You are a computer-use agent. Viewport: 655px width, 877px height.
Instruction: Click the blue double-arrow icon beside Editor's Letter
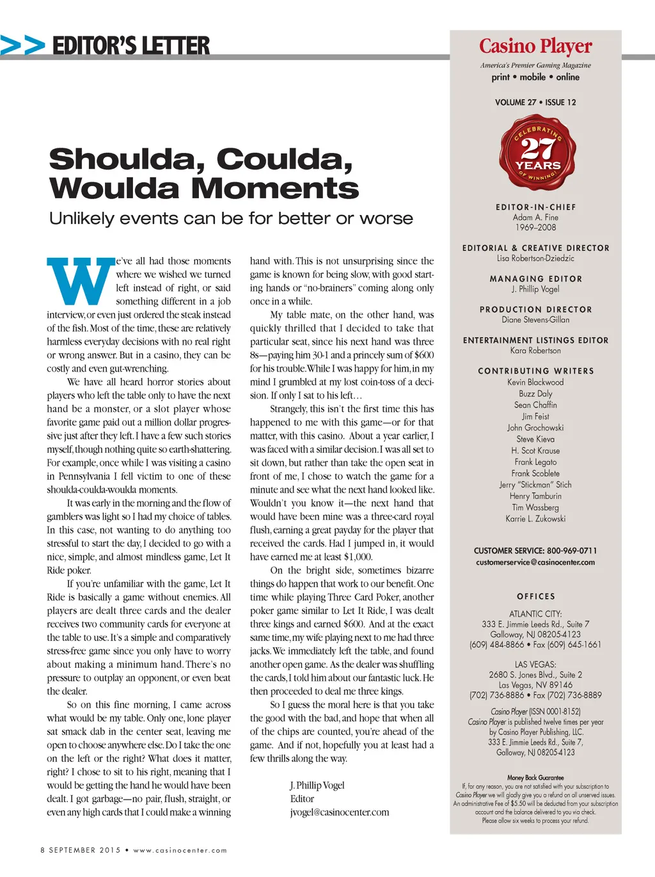[x=23, y=45]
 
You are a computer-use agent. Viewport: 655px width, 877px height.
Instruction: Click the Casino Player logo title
[x=535, y=46]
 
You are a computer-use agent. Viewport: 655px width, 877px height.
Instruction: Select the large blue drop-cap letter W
[x=79, y=281]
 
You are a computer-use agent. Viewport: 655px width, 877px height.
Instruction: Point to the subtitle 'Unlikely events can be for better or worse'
[x=231, y=219]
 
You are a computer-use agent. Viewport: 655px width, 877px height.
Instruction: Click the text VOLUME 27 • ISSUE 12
[x=535, y=102]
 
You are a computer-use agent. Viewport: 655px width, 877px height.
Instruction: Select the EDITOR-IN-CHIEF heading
[x=535, y=207]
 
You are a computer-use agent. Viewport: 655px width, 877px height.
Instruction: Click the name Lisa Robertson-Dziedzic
[x=535, y=258]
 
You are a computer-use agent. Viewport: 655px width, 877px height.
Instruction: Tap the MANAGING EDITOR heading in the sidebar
[x=535, y=279]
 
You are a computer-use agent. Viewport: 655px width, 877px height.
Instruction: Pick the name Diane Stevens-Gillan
[x=535, y=320]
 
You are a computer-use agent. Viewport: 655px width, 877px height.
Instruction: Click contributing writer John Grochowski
[x=535, y=428]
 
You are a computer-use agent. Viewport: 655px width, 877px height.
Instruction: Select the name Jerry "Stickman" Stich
[x=535, y=485]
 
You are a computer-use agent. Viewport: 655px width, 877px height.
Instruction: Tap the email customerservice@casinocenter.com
[x=535, y=562]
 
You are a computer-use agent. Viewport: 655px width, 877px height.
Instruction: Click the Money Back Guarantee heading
[x=535, y=778]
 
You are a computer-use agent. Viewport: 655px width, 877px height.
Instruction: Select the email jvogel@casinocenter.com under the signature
[x=339, y=812]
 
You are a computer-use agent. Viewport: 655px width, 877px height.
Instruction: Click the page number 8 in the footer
[x=43, y=850]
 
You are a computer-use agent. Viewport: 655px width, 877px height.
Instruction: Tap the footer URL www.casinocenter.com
[x=180, y=850]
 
